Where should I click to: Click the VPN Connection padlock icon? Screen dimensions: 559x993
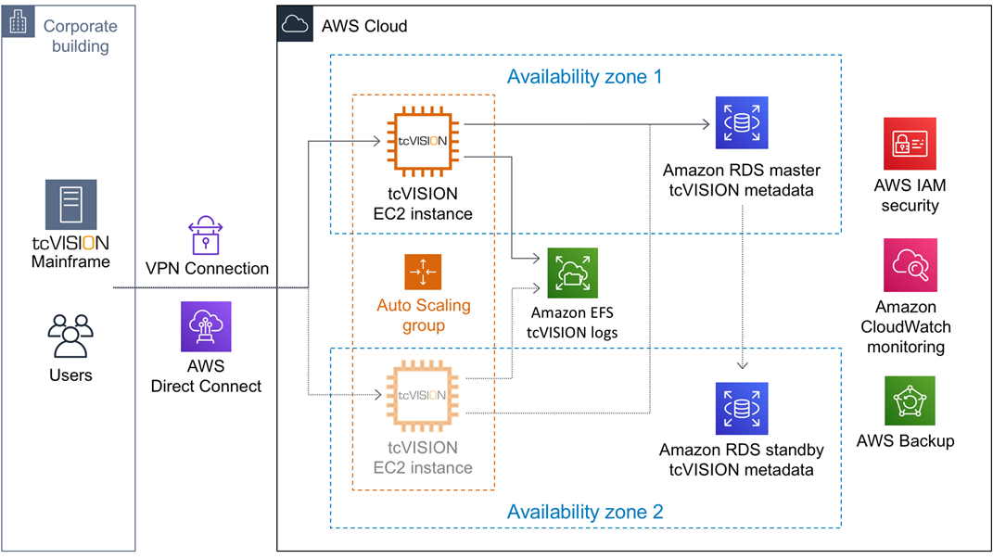(x=207, y=235)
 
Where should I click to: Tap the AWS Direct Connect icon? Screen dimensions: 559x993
(x=206, y=326)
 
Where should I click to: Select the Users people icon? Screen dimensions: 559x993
(x=70, y=337)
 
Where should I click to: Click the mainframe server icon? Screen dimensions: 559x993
(x=71, y=204)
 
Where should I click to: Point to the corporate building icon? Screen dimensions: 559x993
(x=18, y=23)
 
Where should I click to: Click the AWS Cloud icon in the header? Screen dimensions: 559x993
(x=294, y=25)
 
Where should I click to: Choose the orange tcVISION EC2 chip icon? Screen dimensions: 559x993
(x=423, y=141)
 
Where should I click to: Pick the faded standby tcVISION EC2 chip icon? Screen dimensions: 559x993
(x=423, y=396)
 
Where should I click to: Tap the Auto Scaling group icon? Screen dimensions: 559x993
(x=423, y=272)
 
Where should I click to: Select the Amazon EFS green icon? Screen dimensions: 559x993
(x=572, y=273)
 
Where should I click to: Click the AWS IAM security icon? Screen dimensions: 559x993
(x=910, y=143)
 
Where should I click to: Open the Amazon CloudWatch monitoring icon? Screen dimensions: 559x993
(x=910, y=265)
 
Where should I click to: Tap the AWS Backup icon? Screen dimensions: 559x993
(x=910, y=400)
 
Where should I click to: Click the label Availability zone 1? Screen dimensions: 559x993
(x=584, y=77)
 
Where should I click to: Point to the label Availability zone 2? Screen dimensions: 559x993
(x=584, y=511)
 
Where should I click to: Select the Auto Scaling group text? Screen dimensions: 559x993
(x=423, y=315)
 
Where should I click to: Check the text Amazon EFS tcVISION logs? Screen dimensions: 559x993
(x=572, y=324)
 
